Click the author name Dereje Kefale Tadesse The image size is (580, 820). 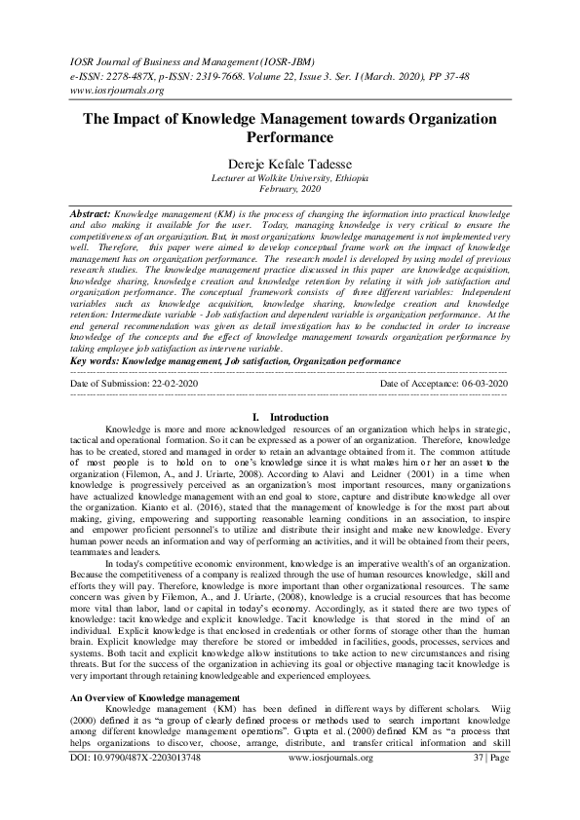(290, 166)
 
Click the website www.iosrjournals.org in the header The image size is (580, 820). (115, 91)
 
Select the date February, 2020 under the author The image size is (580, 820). (290, 191)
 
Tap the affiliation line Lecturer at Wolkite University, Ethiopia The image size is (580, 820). (290, 179)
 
